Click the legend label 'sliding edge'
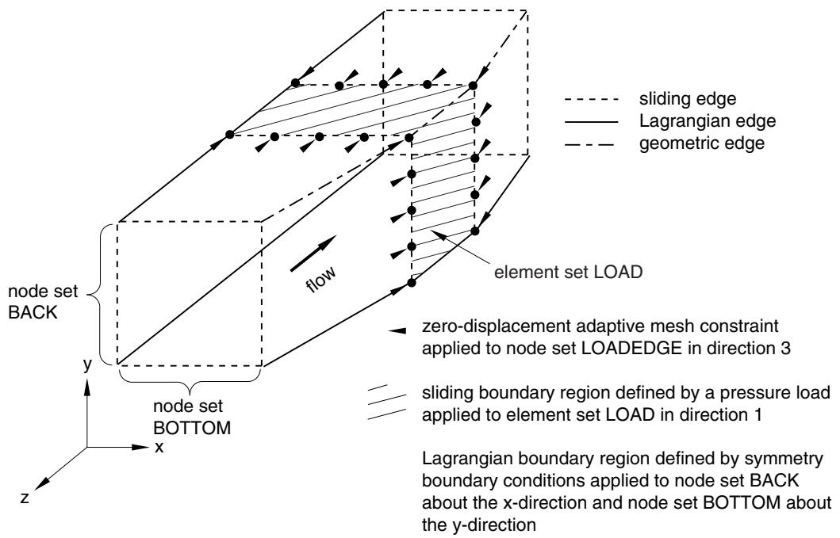[688, 99]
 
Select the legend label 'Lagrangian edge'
[708, 121]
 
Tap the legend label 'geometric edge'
[702, 143]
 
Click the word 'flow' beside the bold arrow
[321, 278]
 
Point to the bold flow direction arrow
[313, 254]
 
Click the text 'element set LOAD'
[568, 272]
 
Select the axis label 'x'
[159, 447]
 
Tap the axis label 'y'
[87, 365]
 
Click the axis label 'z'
[24, 498]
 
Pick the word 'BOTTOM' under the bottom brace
[192, 428]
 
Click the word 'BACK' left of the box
[33, 313]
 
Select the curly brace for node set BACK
[101, 293]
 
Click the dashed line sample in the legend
[592, 100]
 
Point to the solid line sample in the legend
[592, 122]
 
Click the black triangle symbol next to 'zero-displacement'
[397, 331]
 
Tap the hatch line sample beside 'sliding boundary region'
[386, 402]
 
